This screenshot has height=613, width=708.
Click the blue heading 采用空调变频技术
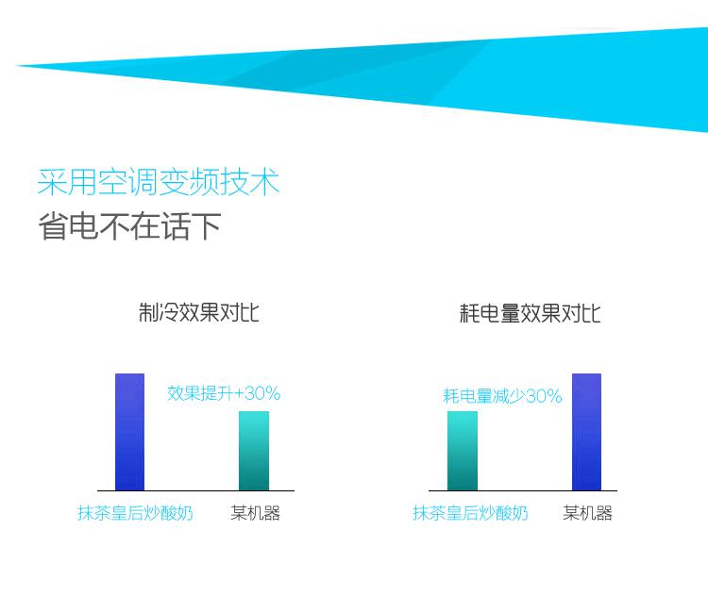(x=159, y=182)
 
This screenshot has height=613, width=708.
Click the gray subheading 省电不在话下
(x=129, y=226)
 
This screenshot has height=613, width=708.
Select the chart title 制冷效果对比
(x=198, y=312)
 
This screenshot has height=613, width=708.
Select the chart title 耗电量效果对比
(x=530, y=313)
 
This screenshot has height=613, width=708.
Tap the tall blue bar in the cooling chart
(x=129, y=432)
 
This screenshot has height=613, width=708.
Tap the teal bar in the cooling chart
(x=254, y=451)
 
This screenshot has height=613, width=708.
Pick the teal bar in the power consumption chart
(x=463, y=451)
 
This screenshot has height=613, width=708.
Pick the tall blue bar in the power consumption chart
(x=586, y=432)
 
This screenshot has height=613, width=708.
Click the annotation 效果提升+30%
(x=224, y=394)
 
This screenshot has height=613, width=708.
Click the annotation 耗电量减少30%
(x=502, y=396)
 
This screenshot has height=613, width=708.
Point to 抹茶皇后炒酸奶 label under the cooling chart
(x=135, y=513)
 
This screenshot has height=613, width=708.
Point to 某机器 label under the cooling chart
(x=255, y=513)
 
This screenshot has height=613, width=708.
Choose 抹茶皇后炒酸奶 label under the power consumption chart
(x=470, y=513)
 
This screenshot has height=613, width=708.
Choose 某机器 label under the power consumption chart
(x=587, y=513)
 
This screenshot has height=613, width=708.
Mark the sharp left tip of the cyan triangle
(x=17, y=66)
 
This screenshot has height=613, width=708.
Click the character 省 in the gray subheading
(x=53, y=226)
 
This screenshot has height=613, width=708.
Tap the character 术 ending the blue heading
(x=265, y=182)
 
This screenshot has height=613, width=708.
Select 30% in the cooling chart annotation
(x=263, y=394)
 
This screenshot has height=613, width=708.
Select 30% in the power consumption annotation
(x=545, y=396)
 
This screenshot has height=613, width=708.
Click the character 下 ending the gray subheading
(x=207, y=226)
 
